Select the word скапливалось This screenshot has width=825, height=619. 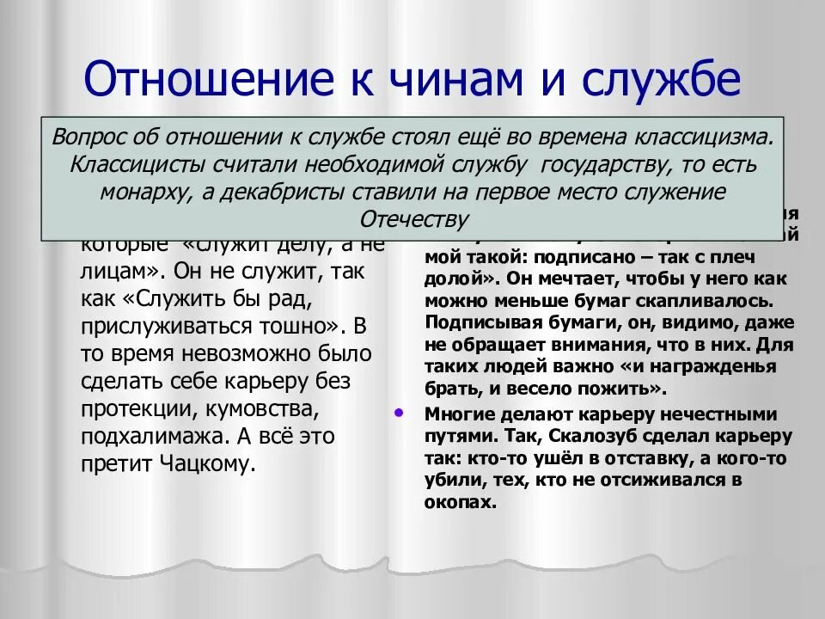tap(718, 302)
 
